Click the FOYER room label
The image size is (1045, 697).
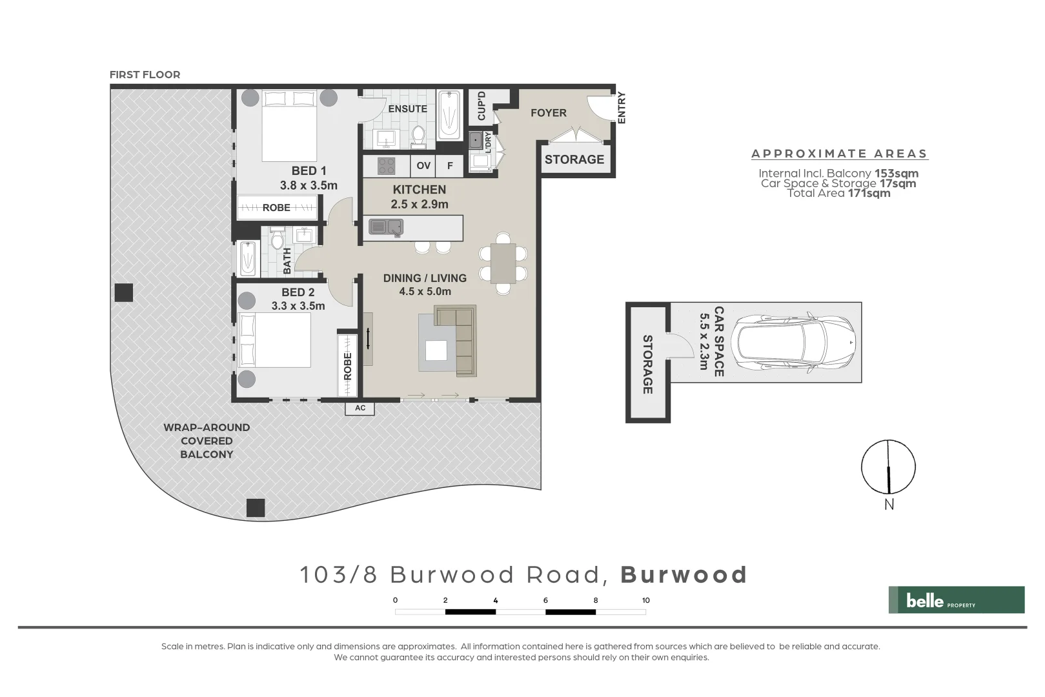pos(548,113)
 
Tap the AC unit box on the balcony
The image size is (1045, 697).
pos(360,408)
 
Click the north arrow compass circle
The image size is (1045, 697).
pos(888,467)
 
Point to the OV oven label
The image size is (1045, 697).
pos(423,166)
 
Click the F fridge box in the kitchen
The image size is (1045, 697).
pos(450,166)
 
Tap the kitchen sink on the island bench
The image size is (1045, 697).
pos(386,227)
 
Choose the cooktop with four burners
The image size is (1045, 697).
pos(386,166)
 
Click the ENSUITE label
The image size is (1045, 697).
pos(407,109)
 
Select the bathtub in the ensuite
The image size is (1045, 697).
pos(449,116)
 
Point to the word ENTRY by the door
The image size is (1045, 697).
pos(622,108)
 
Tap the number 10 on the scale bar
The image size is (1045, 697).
pos(645,600)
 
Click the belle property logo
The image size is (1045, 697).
pos(956,600)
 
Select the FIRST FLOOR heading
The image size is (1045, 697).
pos(145,75)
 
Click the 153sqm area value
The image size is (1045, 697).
pos(896,173)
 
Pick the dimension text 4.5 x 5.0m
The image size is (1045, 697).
pos(425,291)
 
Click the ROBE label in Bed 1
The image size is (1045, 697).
pos(276,208)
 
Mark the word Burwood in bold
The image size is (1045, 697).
pos(684,574)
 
